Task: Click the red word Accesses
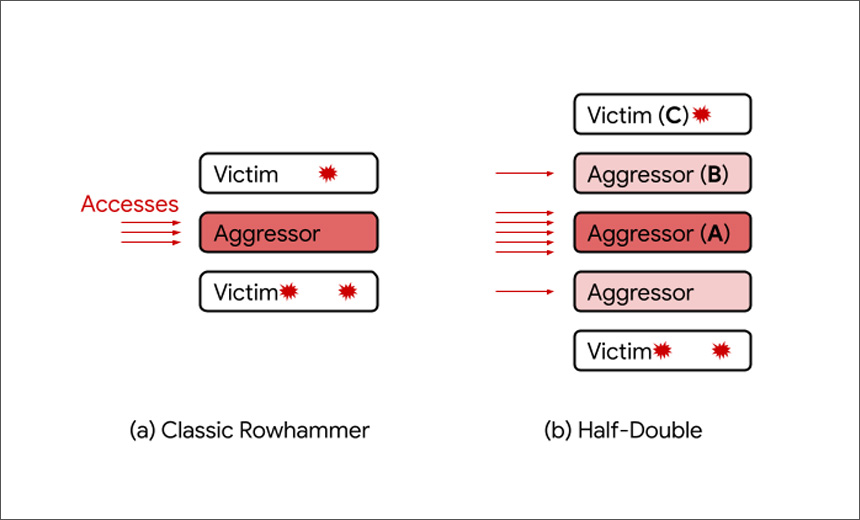point(129,204)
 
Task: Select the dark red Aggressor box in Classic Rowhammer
point(288,233)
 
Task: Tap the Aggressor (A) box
point(663,233)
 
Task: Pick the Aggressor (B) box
point(663,173)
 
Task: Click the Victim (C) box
point(663,114)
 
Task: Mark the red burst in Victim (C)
point(701,114)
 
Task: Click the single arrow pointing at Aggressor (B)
point(525,173)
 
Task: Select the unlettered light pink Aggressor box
point(663,291)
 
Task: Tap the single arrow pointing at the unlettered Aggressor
point(525,291)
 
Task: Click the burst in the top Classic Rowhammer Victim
point(328,173)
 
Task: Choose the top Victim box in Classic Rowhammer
point(288,173)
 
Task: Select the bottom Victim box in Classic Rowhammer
point(288,291)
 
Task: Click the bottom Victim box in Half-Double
point(663,351)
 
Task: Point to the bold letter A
point(715,234)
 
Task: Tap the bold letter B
point(714,174)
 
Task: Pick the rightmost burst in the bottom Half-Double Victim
point(721,351)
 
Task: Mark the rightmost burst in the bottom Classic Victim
point(348,291)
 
